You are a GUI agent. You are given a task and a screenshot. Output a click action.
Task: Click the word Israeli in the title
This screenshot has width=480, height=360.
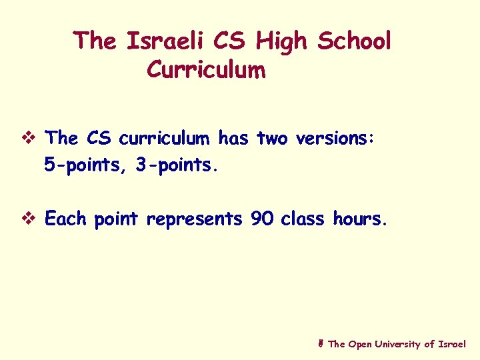click(166, 41)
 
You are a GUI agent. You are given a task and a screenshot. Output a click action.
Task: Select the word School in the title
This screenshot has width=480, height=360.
click(354, 41)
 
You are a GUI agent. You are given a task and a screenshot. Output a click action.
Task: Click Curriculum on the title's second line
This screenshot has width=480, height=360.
click(206, 69)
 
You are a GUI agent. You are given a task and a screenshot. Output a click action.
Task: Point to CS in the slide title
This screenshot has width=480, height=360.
click(231, 41)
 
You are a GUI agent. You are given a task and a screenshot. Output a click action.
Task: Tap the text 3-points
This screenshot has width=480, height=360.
click(176, 165)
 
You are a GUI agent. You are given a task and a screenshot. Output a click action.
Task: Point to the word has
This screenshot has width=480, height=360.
click(233, 139)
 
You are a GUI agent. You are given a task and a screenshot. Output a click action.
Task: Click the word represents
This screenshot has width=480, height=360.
click(194, 219)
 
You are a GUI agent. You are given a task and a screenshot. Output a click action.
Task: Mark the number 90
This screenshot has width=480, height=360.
click(262, 219)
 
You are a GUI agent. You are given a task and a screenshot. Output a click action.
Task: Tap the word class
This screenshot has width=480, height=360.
click(304, 219)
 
